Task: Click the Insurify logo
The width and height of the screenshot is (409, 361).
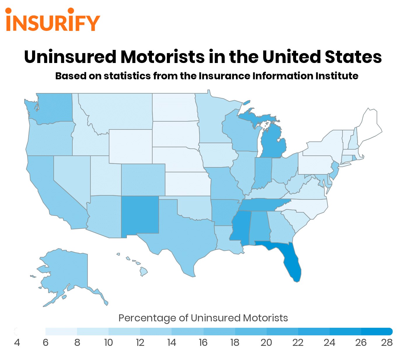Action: point(53,20)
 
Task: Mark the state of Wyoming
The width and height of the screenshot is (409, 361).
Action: point(130,146)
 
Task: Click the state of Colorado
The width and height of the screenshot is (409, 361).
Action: point(143,180)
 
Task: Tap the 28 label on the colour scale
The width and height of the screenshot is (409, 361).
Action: point(387,342)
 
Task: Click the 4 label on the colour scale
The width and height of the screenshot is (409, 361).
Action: point(17,342)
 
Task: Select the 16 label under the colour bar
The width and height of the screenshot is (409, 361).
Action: point(203,342)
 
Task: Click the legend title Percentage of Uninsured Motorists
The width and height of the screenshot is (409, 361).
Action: point(203,318)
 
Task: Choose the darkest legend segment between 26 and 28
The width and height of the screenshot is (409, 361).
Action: point(377,332)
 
